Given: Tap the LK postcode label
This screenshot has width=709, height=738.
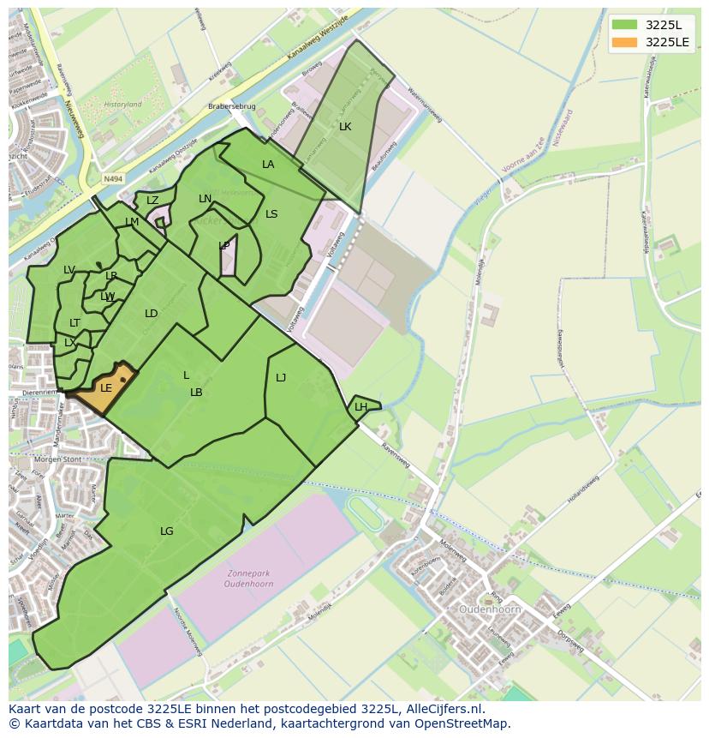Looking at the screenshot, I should coord(345,127).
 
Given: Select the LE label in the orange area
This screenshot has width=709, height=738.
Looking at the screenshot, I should coord(106,388).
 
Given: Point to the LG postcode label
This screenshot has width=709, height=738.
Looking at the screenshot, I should coord(167,531).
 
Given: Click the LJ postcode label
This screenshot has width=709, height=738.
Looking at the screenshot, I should coord(281,377).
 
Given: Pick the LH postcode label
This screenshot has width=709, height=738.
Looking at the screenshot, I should coord(360,407).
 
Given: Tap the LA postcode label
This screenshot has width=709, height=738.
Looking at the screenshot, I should coord(268,165).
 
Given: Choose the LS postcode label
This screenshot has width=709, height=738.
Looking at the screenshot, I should coord(271,214).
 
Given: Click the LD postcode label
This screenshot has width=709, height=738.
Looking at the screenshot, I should coord(152,314).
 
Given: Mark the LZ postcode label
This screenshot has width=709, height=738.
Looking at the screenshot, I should coord(152,201).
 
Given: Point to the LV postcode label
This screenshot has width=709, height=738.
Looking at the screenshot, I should coord(69,270).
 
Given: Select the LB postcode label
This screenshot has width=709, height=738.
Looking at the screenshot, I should coord(196,393).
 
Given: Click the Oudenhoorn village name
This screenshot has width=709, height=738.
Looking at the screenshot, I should coord(491,609).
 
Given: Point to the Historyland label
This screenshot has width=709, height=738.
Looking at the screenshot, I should coord(122,105).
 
